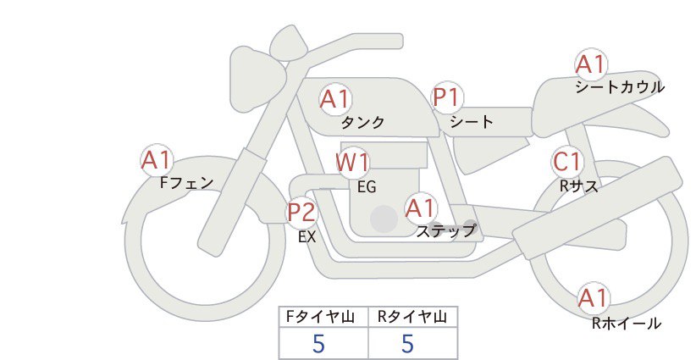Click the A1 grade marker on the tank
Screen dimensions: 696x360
pos(335,99)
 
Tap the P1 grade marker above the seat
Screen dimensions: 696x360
pos(447,97)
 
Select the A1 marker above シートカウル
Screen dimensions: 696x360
pos(591,64)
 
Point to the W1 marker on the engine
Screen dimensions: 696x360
pos(352,163)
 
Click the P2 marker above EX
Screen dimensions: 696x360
pos(301,212)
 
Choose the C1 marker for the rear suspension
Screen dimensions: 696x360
pos(567,162)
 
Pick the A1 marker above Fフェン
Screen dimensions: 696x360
pos(157,160)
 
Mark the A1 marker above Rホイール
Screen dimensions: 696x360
pos(593,298)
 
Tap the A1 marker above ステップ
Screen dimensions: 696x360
pos(421,208)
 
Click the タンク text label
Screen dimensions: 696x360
pos(362,122)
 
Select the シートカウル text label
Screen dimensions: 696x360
pos(620,87)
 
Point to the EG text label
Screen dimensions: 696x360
pos(367,187)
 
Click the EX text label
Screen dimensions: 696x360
pos(307,237)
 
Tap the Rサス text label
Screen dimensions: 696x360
pos(579,186)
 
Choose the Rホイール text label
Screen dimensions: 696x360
pos(627,324)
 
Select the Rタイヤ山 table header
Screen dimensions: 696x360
pos(412,317)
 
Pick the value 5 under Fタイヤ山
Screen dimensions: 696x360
pos(318,343)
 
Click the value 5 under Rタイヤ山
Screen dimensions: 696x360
pos(407,343)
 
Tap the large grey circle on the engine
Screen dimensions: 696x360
pos(384,219)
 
